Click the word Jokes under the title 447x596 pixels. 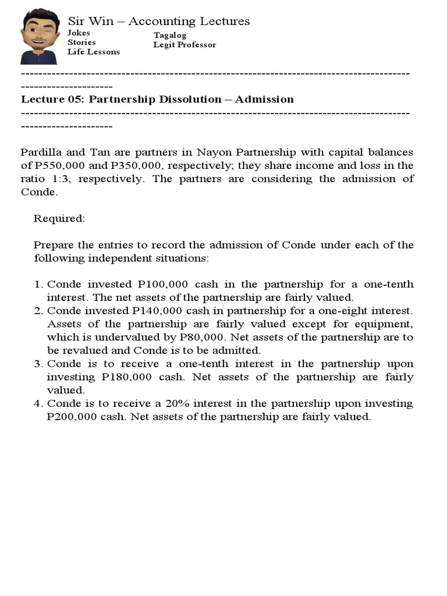[x=79, y=33]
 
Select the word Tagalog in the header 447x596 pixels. [x=170, y=36]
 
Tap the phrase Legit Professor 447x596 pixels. [x=185, y=45]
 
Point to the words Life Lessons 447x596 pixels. [x=94, y=52]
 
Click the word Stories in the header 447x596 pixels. [x=81, y=42]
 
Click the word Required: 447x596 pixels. [x=59, y=218]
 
